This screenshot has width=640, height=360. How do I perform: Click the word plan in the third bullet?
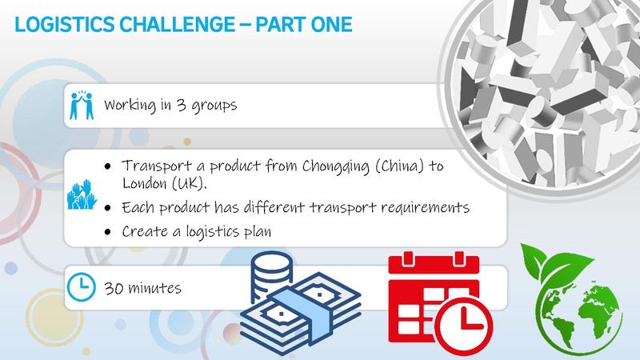click(x=258, y=233)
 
